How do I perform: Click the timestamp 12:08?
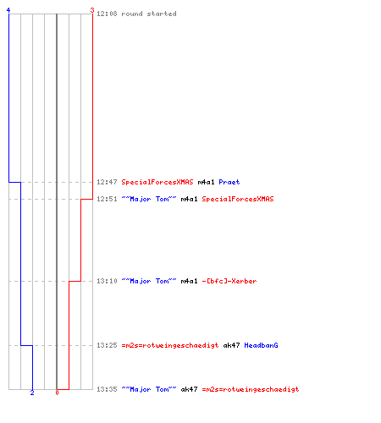(107, 14)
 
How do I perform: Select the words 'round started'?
(149, 14)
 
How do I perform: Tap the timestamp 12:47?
(107, 182)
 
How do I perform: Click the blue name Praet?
(229, 182)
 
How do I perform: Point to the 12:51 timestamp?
(107, 199)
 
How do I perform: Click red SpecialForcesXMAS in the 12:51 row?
(238, 199)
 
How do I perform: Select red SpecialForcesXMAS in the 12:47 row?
(157, 182)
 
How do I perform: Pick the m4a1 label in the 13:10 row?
(189, 281)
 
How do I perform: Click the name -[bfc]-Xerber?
(229, 281)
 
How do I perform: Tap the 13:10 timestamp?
(107, 281)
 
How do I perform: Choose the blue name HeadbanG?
(261, 345)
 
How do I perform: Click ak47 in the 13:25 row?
(231, 345)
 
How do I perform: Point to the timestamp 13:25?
(107, 345)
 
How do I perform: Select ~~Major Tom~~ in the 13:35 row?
(149, 389)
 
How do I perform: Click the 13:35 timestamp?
(107, 389)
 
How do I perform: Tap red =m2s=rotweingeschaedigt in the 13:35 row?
(251, 389)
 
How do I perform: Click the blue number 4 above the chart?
(8, 10)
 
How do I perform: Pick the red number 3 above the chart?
(92, 10)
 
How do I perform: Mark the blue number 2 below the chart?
(32, 393)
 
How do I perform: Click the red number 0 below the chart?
(57, 393)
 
